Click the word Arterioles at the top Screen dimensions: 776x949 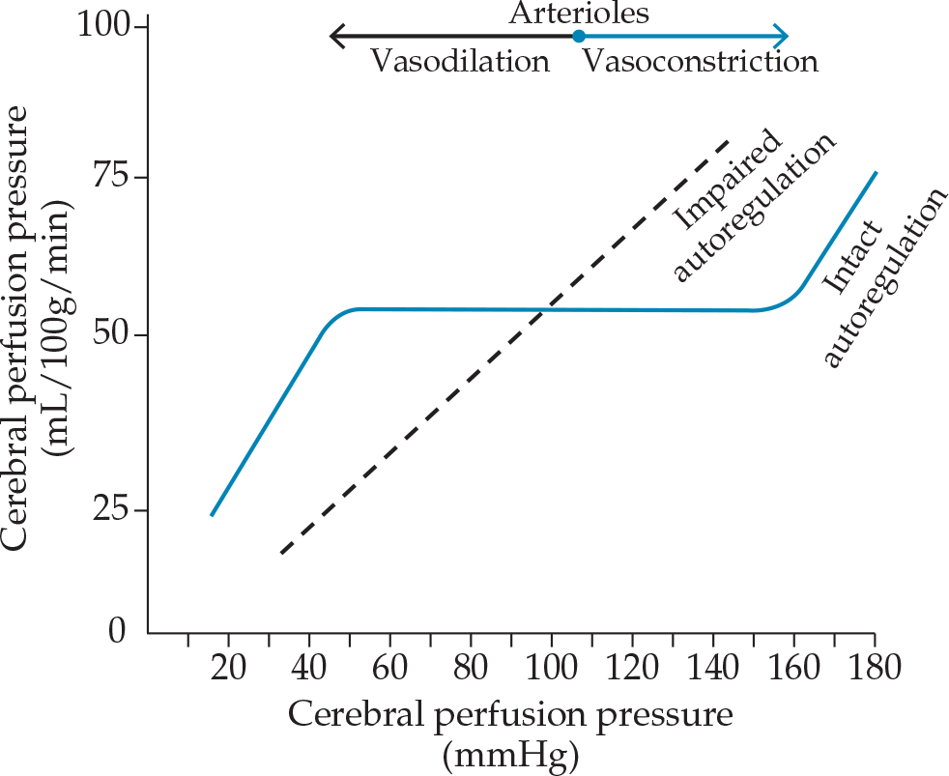point(579,14)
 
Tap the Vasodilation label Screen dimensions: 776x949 point(461,62)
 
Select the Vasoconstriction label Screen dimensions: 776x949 point(700,62)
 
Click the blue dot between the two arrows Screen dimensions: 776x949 point(578,37)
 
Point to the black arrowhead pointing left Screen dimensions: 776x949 point(335,37)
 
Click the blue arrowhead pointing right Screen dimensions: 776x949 point(783,37)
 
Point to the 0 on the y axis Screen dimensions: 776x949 point(117,632)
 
